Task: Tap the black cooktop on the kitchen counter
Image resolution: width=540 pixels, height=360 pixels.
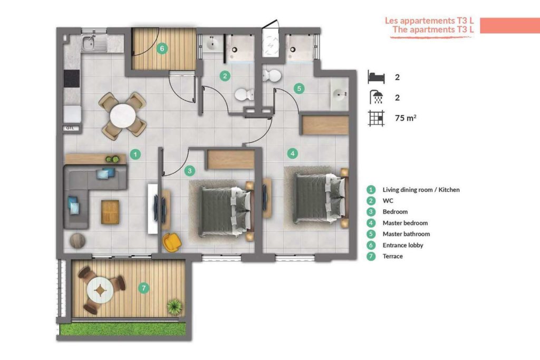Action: pyautogui.click(x=72, y=79)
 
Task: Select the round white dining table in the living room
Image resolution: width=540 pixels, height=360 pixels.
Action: pyautogui.click(x=122, y=115)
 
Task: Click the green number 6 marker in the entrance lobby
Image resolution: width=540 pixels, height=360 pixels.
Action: pyautogui.click(x=162, y=48)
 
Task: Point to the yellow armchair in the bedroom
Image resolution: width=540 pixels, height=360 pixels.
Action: pyautogui.click(x=172, y=241)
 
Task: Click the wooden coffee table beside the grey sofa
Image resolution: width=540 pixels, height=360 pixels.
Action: pyautogui.click(x=110, y=212)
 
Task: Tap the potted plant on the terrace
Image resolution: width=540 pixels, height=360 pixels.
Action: pyautogui.click(x=175, y=307)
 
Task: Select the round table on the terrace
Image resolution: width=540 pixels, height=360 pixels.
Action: pyautogui.click(x=100, y=290)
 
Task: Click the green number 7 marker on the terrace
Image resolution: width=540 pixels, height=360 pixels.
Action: pyautogui.click(x=143, y=288)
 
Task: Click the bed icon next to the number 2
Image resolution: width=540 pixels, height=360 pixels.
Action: pyautogui.click(x=376, y=77)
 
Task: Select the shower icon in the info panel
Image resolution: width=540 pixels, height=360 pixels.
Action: pyautogui.click(x=377, y=97)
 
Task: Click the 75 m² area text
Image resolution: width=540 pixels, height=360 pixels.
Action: pyautogui.click(x=406, y=118)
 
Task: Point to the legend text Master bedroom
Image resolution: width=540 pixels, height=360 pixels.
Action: pyautogui.click(x=405, y=223)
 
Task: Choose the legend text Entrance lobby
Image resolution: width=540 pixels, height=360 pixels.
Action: pyautogui.click(x=402, y=245)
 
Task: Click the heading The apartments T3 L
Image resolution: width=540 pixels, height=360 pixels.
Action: pyautogui.click(x=433, y=30)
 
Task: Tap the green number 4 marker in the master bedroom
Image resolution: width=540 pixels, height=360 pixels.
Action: pyautogui.click(x=292, y=153)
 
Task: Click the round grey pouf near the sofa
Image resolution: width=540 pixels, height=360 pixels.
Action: pyautogui.click(x=78, y=240)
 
